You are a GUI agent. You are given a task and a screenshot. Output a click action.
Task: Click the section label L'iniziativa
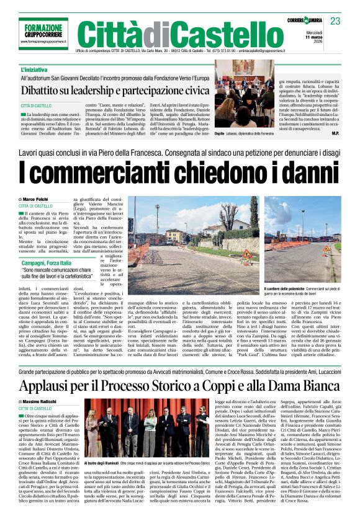coord(35,69)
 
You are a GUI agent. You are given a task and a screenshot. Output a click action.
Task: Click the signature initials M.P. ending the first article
coord(335,133)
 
